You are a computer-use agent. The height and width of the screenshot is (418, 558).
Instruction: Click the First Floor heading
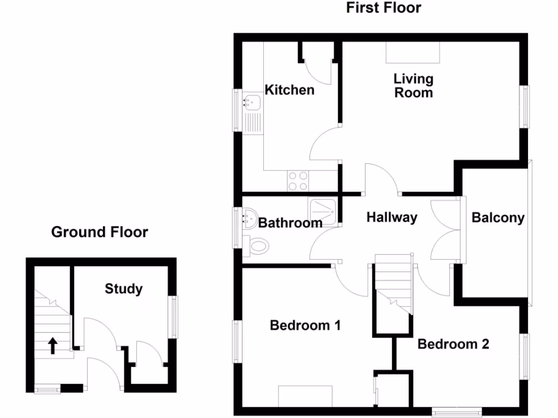click(x=384, y=8)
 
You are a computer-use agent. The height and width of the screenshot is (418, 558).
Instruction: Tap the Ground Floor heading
click(x=99, y=232)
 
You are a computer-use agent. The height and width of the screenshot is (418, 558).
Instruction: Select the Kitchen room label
click(x=289, y=90)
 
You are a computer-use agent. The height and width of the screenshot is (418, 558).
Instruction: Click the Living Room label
click(x=414, y=85)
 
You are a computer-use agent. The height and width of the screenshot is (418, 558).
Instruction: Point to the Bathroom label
click(x=290, y=223)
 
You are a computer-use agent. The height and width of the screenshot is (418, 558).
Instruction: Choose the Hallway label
click(x=391, y=218)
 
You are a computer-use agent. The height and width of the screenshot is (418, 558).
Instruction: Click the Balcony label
click(x=498, y=218)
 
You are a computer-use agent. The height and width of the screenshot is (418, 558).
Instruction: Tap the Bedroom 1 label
click(x=305, y=325)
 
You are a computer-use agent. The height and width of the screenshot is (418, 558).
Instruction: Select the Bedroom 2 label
click(x=453, y=344)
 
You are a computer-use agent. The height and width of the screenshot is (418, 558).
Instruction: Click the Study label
click(x=124, y=288)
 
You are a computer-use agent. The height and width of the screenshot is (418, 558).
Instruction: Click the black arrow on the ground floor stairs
click(x=53, y=345)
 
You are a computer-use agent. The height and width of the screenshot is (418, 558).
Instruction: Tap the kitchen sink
click(x=252, y=102)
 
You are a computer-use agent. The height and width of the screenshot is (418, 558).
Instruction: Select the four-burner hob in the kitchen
click(x=298, y=181)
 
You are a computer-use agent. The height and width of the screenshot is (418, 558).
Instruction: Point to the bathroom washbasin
click(x=250, y=218)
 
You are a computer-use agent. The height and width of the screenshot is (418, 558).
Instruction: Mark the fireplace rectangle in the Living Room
click(x=413, y=53)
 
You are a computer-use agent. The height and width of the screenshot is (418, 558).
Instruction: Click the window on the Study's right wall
click(x=173, y=317)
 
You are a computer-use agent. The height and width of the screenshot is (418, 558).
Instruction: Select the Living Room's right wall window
click(x=525, y=106)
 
